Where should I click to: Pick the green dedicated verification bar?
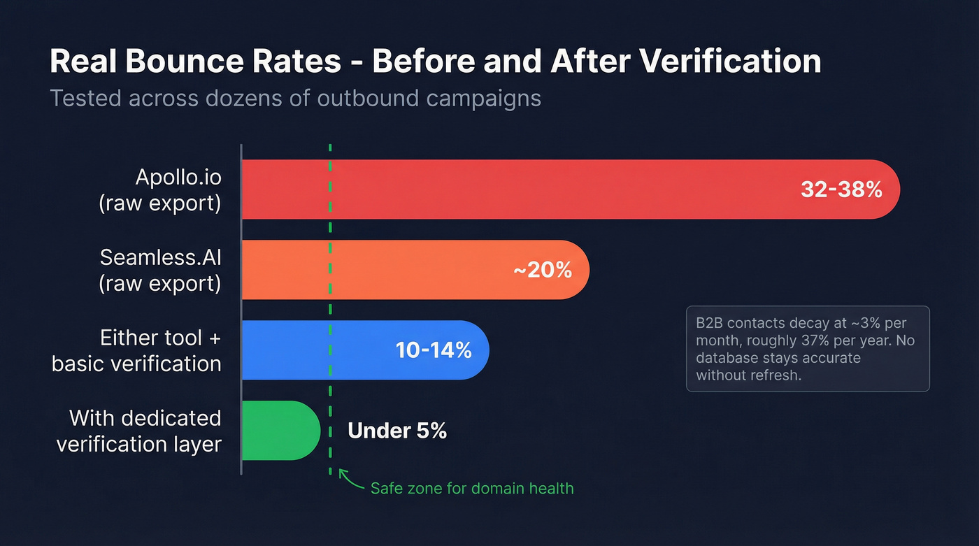[280, 431]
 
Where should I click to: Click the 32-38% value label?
[841, 189]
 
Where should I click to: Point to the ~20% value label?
[543, 270]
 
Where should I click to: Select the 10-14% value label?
[434, 350]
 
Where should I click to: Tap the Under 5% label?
[397, 431]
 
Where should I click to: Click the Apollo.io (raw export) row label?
[160, 189]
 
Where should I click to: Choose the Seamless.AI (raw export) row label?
[160, 270]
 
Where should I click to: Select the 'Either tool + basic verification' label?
[137, 350]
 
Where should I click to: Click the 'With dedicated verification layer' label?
[139, 431]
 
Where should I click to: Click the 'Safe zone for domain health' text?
[472, 488]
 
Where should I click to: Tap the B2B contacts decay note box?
[808, 349]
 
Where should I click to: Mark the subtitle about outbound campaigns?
[295, 98]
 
